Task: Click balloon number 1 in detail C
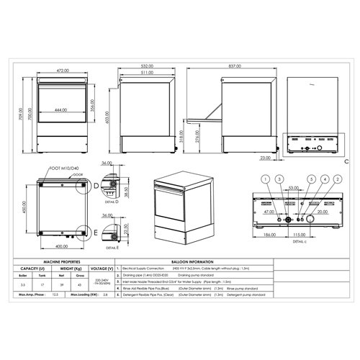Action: click(264, 178)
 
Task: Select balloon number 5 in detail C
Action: click(311, 178)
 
